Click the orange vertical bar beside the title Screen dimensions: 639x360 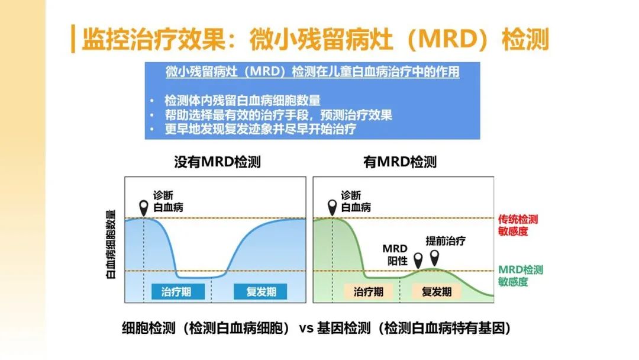click(73, 38)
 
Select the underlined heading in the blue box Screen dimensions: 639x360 click(312, 72)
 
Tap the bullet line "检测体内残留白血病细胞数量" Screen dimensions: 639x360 click(243, 100)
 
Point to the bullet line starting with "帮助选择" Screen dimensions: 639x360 click(278, 115)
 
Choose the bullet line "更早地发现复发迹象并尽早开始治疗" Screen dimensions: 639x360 click(260, 129)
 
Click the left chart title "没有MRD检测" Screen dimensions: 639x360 click(217, 162)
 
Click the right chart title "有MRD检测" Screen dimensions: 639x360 click(400, 162)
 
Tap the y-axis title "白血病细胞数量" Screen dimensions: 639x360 click(111, 244)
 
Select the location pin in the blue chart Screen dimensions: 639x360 click(143, 208)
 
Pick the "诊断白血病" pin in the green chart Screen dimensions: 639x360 click(332, 208)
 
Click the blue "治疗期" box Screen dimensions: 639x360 click(177, 291)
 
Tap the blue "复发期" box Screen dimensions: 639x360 click(260, 291)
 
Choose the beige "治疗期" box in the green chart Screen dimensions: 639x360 click(369, 291)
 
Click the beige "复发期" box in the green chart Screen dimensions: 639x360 click(437, 291)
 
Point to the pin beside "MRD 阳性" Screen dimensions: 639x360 click(418, 261)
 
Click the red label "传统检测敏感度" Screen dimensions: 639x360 click(518, 226)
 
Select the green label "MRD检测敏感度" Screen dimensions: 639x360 click(521, 275)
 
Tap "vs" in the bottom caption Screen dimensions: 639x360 click(306, 328)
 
